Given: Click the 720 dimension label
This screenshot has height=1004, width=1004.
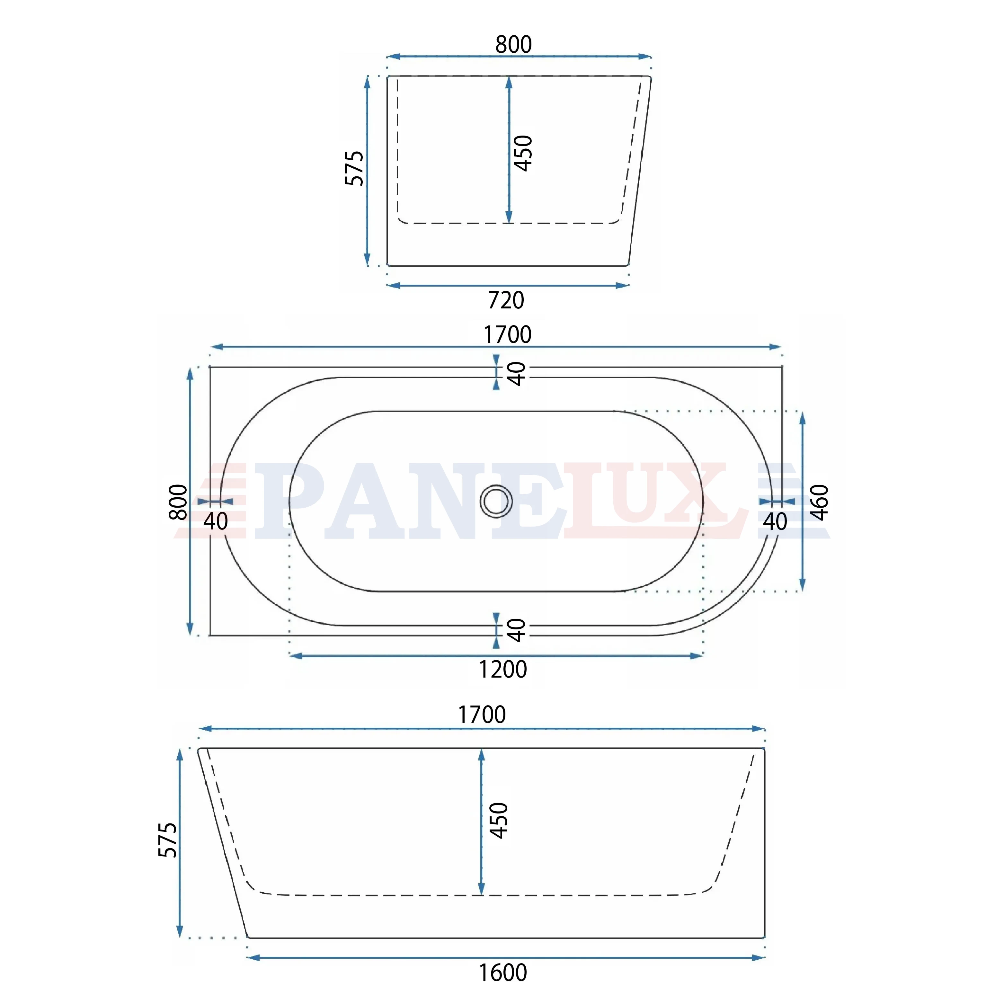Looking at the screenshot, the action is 506,300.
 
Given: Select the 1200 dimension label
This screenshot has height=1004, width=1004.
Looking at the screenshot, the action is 502,669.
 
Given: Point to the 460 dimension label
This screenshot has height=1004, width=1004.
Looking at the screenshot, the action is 820,502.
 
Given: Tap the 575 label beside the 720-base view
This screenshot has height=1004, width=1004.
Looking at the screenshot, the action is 354,168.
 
